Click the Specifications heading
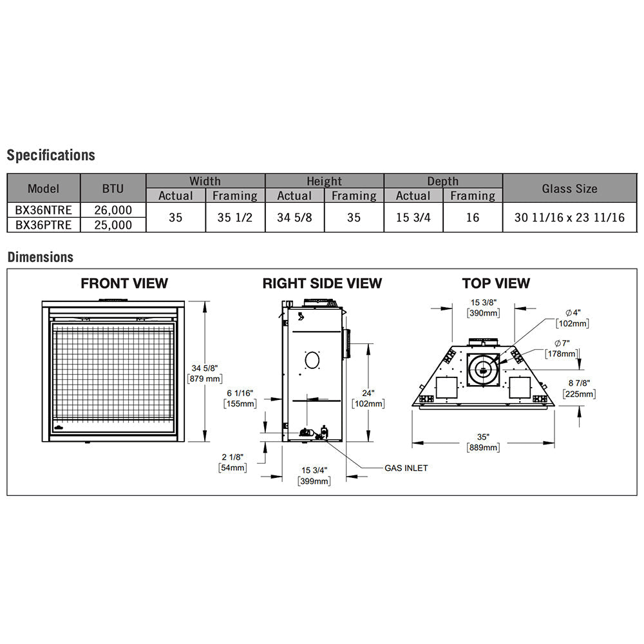click(51, 155)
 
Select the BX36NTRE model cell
click(44, 210)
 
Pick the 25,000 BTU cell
click(113, 225)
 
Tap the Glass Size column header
click(570, 189)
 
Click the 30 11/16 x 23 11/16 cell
click(570, 217)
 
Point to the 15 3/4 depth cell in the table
click(413, 217)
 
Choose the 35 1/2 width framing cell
click(235, 217)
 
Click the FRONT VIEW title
click(124, 283)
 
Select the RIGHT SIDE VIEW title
click(322, 283)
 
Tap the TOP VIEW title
click(496, 283)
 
